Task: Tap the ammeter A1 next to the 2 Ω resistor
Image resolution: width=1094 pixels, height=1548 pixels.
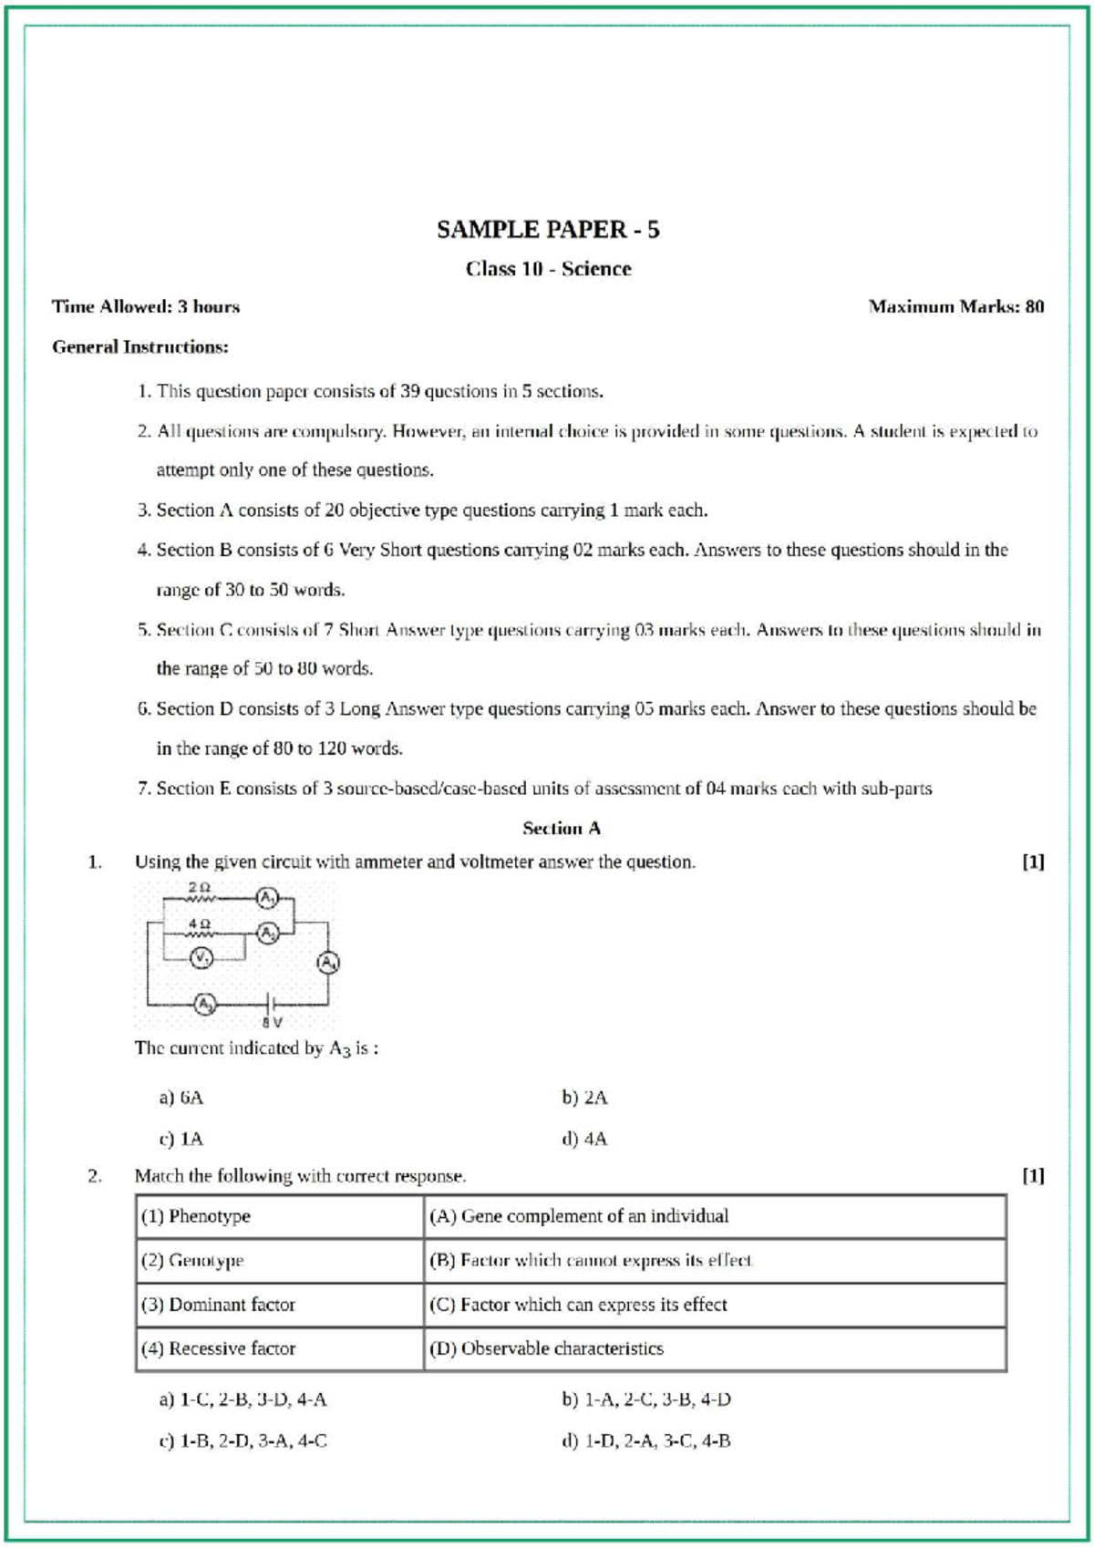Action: (266, 898)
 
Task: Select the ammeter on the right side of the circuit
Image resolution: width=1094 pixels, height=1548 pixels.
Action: (328, 962)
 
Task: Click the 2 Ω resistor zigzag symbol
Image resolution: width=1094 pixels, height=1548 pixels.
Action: (201, 899)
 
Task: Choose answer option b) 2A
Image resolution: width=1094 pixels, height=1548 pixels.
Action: (584, 1098)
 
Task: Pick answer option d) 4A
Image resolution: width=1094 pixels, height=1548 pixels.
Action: (584, 1139)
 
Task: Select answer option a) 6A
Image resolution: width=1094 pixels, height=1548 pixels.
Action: (181, 1098)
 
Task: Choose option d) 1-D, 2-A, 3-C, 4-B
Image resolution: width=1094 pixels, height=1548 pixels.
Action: (646, 1441)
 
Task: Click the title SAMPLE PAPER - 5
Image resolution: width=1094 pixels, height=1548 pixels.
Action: (548, 230)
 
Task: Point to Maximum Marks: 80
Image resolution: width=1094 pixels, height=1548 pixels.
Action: (955, 307)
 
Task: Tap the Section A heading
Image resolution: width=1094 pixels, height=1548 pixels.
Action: (561, 829)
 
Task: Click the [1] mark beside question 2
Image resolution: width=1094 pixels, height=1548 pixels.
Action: (1032, 1176)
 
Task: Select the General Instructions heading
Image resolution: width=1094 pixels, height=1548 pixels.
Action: (140, 347)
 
